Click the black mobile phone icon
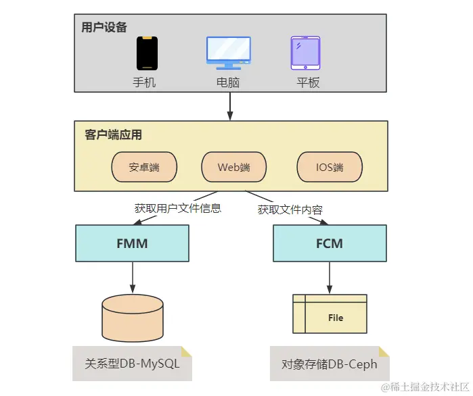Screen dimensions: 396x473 click(x=148, y=53)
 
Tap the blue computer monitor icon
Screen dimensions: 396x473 click(x=228, y=53)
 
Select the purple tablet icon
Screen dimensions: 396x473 click(x=305, y=53)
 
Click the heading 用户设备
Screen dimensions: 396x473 click(x=104, y=27)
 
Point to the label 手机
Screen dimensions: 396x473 click(x=144, y=82)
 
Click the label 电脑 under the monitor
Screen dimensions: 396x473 click(x=228, y=82)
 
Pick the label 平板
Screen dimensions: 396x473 click(x=308, y=82)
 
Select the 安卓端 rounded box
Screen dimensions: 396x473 click(x=144, y=167)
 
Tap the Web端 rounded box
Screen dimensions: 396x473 click(x=233, y=167)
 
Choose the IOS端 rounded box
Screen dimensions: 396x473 click(x=330, y=167)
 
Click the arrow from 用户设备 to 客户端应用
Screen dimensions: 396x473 click(x=230, y=106)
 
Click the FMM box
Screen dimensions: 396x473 click(x=132, y=243)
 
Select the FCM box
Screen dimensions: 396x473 click(x=330, y=243)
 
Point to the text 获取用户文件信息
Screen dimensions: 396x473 click(x=178, y=208)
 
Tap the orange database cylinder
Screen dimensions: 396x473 click(x=133, y=318)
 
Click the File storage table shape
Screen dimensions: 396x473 click(x=330, y=314)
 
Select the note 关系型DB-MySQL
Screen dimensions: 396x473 click(x=132, y=364)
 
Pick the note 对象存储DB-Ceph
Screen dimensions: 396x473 click(x=330, y=364)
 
